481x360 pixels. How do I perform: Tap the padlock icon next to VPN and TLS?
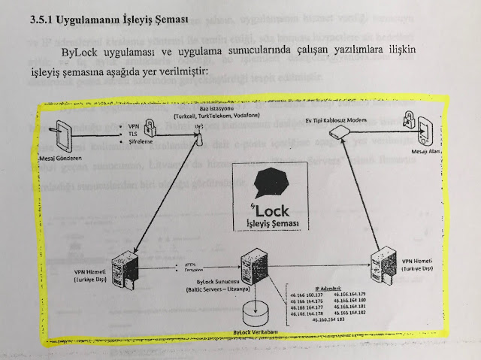point(150,128)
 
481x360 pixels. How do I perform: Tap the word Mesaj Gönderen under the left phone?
point(59,159)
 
